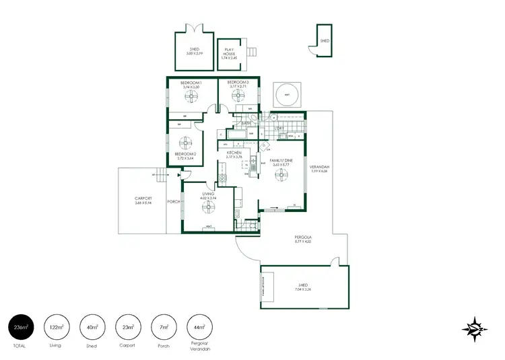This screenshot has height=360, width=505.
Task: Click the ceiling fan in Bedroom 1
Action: [x=191, y=98]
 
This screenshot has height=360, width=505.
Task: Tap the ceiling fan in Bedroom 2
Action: [x=185, y=143]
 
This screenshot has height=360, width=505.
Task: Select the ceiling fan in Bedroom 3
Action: [x=238, y=96]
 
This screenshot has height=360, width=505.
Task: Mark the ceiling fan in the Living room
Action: [x=208, y=208]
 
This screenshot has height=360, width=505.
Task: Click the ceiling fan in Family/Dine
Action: [x=280, y=175]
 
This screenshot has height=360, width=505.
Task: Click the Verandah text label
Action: [x=319, y=168]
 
